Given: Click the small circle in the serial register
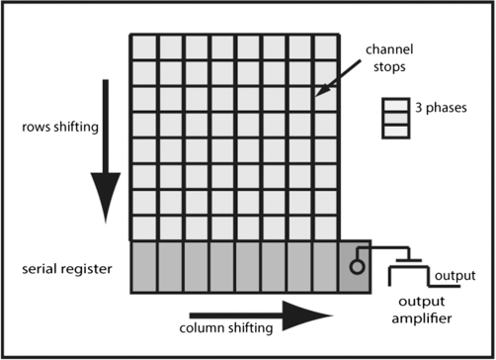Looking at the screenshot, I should (354, 266).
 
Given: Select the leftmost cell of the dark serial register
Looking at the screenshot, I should (143, 267).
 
